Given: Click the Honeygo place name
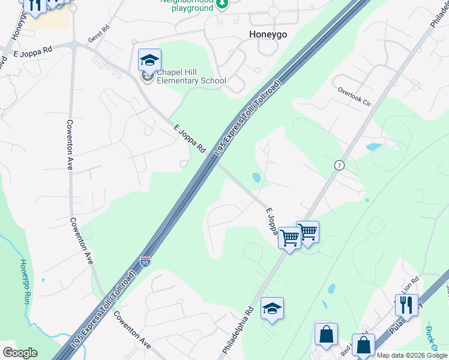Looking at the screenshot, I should (x=268, y=35).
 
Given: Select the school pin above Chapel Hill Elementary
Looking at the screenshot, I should (x=149, y=60).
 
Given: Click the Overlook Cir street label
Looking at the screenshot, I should (x=354, y=95).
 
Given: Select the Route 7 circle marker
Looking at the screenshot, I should (x=339, y=166).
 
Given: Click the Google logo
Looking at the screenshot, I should (x=20, y=353).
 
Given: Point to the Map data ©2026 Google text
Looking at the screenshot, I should (x=411, y=355).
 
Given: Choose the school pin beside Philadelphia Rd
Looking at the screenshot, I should (x=272, y=309).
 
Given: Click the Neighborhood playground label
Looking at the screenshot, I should (x=187, y=5).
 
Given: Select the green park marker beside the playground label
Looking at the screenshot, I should (x=223, y=4).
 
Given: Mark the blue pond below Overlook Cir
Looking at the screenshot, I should (x=373, y=146).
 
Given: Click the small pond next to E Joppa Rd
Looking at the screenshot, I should (x=256, y=178).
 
